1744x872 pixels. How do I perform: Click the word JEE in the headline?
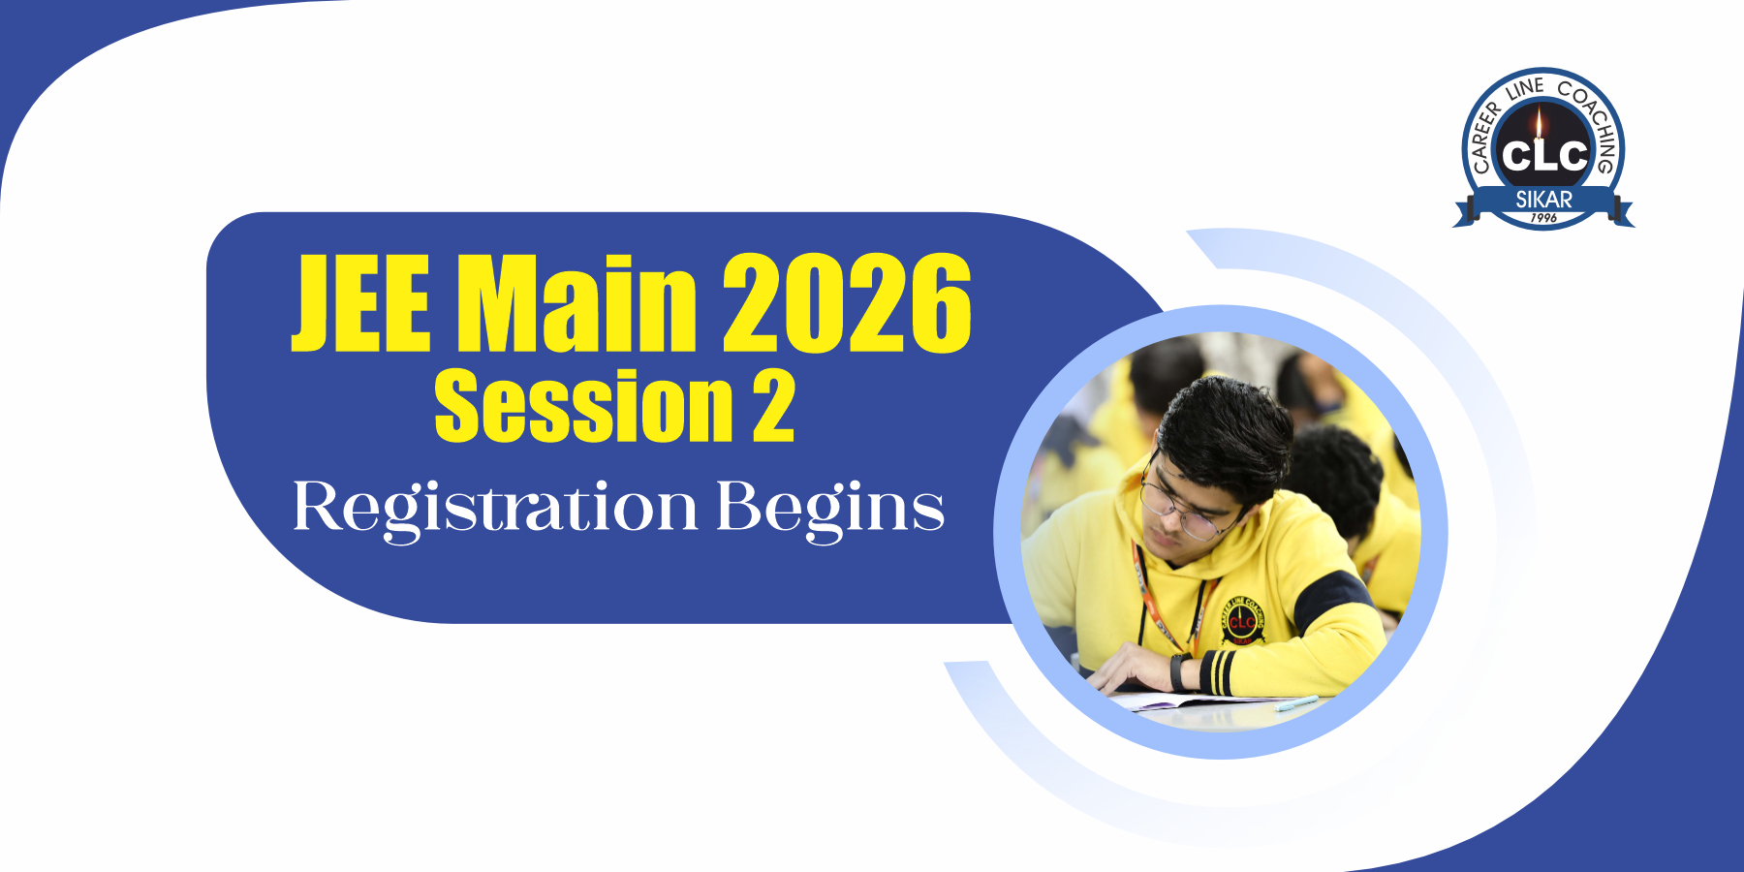click(x=360, y=302)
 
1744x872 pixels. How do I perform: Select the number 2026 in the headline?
click(x=847, y=302)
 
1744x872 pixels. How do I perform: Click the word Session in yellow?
click(x=583, y=406)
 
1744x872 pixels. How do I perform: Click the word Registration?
click(x=495, y=508)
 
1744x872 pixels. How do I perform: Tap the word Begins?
click(x=830, y=508)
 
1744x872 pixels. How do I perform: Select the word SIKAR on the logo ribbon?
click(x=1543, y=200)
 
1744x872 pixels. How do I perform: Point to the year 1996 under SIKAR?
click(x=1543, y=218)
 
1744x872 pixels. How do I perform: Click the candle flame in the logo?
click(x=1540, y=124)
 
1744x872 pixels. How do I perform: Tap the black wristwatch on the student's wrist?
click(x=1179, y=671)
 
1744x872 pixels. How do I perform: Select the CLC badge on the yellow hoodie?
click(x=1242, y=620)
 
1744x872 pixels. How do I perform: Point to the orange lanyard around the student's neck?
click(x=1165, y=596)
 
